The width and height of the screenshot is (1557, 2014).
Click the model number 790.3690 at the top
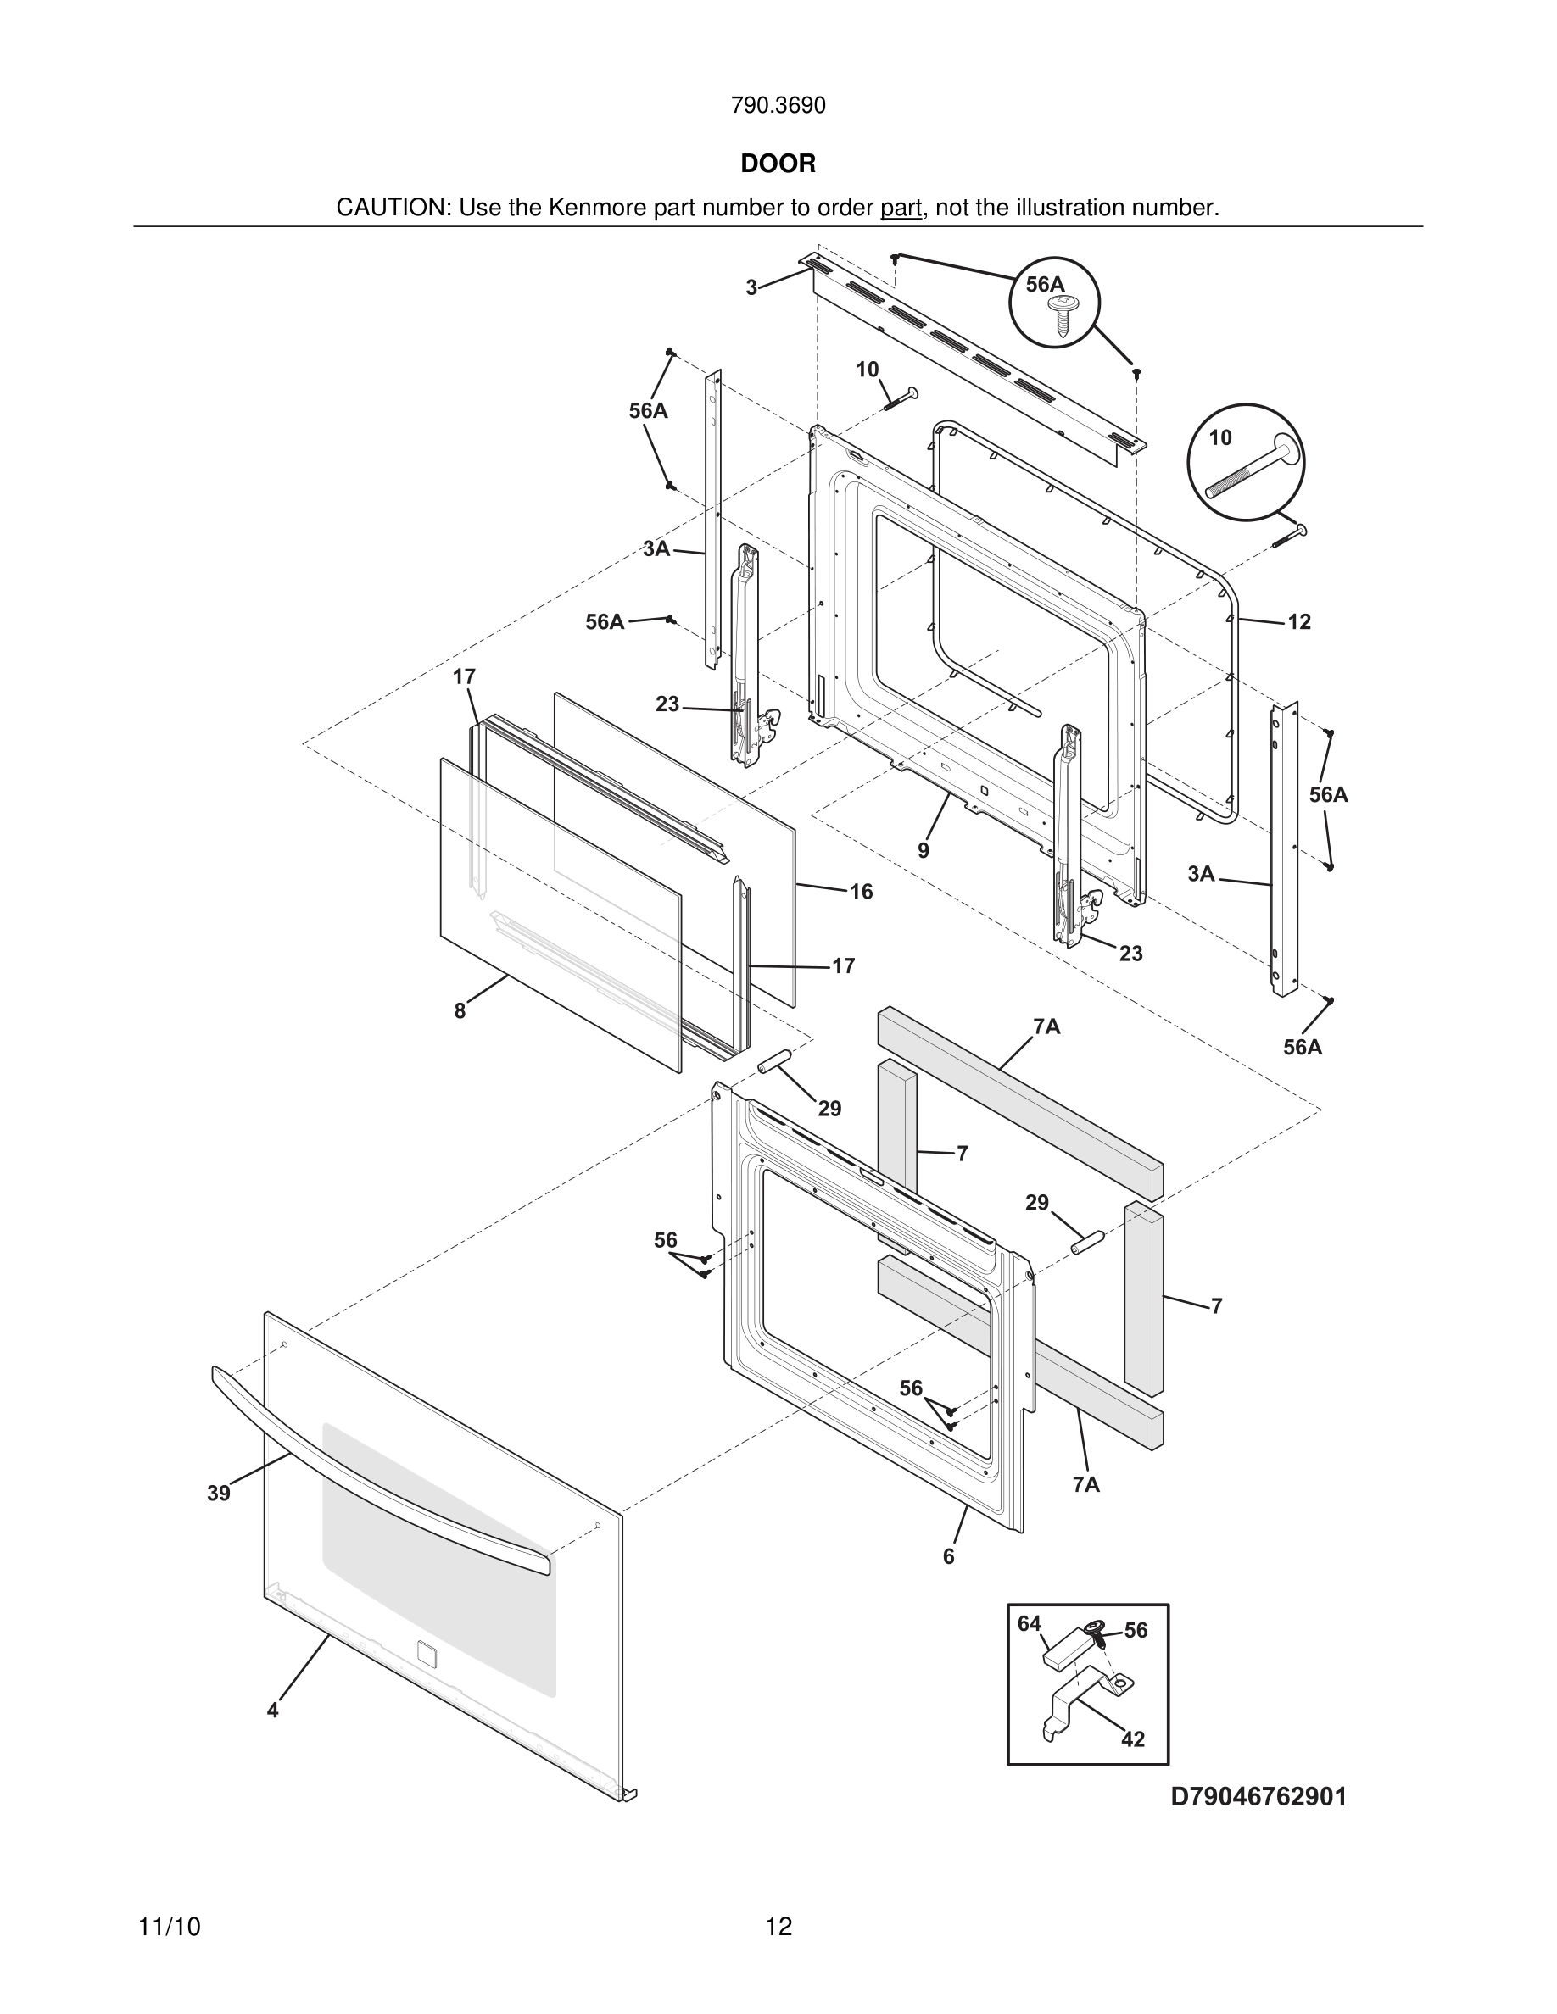tap(778, 106)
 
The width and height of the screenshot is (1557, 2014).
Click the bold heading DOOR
tap(778, 164)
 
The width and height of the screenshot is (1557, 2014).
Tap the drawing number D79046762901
tap(1258, 1796)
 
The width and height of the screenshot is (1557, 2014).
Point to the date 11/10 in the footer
tap(169, 1927)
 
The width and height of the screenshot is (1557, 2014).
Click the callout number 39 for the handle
tap(219, 1493)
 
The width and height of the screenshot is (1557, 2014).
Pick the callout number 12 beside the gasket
tap(1298, 622)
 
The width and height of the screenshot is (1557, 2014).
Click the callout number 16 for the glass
tap(861, 892)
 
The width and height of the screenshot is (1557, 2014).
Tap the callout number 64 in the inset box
tap(1030, 1623)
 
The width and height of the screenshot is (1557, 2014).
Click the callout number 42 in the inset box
tap(1133, 1739)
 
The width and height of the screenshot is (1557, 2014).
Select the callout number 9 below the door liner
tap(924, 850)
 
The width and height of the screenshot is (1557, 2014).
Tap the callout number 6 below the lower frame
tap(948, 1556)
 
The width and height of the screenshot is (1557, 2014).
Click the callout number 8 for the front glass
tap(460, 1010)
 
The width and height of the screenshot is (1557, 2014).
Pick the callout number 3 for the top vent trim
tap(751, 287)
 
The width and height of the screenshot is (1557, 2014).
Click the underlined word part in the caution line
tap(901, 209)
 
